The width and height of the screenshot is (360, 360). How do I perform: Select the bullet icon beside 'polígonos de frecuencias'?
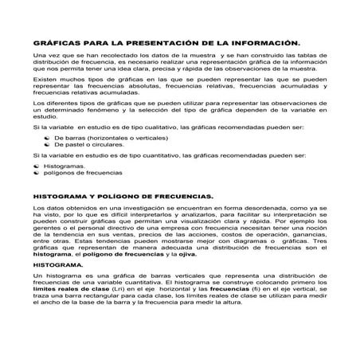(x=38, y=173)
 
